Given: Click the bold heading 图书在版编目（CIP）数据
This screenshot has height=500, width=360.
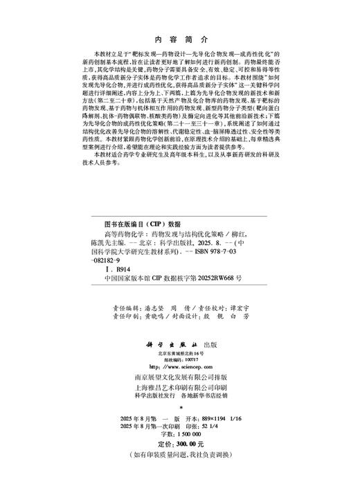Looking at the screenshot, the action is (136, 225).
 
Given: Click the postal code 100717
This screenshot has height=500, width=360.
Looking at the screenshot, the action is (187, 359).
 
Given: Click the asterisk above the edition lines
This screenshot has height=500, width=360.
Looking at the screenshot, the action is (180, 409).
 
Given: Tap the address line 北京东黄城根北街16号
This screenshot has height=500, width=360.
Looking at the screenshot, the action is (180, 353).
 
